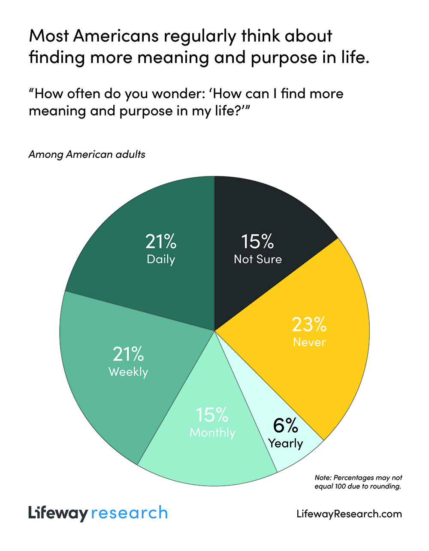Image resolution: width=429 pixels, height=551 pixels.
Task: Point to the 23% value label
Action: pyautogui.click(x=309, y=324)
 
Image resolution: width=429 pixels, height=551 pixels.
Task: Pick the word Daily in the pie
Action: pyautogui.click(x=161, y=259)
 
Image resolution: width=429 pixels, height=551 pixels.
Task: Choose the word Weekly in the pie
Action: pyautogui.click(x=128, y=372)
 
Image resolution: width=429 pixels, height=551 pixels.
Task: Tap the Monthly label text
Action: pyautogui.click(x=213, y=432)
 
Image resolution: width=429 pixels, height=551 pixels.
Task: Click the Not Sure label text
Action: pyautogui.click(x=258, y=259)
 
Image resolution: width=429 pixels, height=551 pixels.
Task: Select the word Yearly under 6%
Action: pyautogui.click(x=286, y=443)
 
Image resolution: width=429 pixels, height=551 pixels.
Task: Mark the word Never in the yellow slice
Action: pyautogui.click(x=309, y=342)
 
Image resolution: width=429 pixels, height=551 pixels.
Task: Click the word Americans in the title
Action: pyautogui.click(x=116, y=36)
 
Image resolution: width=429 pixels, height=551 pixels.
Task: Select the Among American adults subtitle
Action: pyautogui.click(x=87, y=154)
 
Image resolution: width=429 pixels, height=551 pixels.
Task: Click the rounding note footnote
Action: pyautogui.click(x=358, y=482)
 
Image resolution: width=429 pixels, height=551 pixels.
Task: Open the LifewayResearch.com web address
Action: pyautogui.click(x=349, y=514)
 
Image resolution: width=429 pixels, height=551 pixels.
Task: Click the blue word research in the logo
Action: pyautogui.click(x=129, y=513)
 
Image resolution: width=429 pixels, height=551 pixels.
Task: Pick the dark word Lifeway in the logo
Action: pyautogui.click(x=58, y=513)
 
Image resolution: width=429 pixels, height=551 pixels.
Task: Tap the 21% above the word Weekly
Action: pyautogui.click(x=128, y=354)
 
